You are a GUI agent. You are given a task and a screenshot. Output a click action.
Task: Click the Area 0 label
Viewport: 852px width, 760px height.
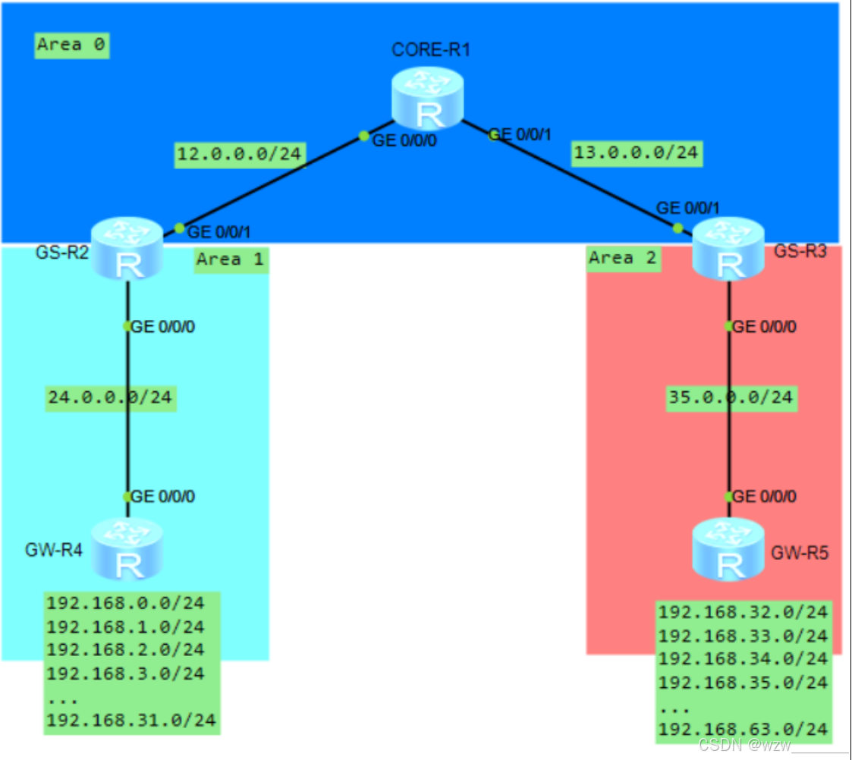click(72, 45)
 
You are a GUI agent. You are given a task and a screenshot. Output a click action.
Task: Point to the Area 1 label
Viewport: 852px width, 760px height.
click(231, 259)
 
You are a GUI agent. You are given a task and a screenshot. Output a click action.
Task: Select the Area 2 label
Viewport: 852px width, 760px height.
click(623, 258)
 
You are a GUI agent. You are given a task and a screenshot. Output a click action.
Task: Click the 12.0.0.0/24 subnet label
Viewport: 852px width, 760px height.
click(239, 155)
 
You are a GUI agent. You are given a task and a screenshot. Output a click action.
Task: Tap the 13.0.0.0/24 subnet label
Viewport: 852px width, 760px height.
click(636, 152)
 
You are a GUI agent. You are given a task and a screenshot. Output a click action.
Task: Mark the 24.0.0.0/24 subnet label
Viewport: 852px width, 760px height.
click(111, 397)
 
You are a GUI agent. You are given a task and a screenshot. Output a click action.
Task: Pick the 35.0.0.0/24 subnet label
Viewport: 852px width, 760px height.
click(731, 397)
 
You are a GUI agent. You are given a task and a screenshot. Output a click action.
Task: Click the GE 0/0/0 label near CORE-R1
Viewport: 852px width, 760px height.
click(404, 142)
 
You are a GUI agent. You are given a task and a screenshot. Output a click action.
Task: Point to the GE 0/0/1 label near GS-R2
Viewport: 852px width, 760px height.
click(219, 232)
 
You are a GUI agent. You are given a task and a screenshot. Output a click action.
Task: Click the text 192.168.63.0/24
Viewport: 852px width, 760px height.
click(742, 730)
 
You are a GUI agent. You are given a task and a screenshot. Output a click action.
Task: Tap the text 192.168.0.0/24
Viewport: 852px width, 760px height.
click(125, 604)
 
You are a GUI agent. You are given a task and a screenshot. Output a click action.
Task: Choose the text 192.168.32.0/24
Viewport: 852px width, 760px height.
click(742, 613)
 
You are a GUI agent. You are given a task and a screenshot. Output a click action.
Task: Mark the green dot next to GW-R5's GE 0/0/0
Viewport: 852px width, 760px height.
click(728, 497)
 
